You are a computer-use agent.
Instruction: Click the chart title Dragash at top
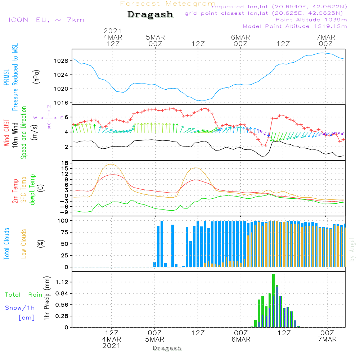pos(150,15)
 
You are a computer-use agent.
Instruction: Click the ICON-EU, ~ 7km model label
pos(46,20)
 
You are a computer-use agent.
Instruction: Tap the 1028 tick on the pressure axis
pos(62,60)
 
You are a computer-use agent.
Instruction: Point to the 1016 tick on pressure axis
pos(62,103)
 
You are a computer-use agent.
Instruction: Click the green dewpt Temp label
pos(32,190)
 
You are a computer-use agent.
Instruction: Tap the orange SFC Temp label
pos(24,190)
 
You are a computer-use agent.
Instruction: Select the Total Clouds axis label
pos(6,244)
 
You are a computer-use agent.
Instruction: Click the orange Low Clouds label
pos(24,244)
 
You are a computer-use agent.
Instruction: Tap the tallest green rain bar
pos(274,301)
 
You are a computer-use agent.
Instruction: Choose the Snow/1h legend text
pos(20,308)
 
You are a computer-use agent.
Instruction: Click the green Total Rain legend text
pos(23,295)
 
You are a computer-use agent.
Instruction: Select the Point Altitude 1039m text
pos(311,20)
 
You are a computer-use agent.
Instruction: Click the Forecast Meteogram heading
pos(168,4)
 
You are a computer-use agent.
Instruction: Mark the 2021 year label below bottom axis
pos(111,346)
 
